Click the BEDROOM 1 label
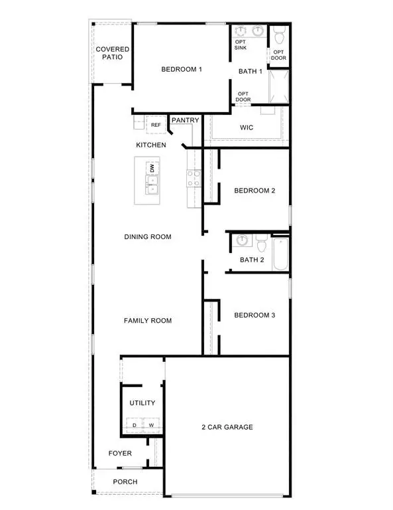tap(182, 69)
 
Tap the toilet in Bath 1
tap(279, 32)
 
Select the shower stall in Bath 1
tap(279, 87)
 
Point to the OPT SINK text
tap(241, 46)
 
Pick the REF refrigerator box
tap(156, 125)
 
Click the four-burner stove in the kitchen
tap(194, 178)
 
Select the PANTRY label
tap(186, 120)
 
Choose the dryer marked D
tap(135, 425)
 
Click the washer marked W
tap(151, 425)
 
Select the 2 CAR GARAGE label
tap(227, 427)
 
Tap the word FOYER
tap(120, 454)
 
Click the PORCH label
tap(125, 482)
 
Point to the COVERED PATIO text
tap(113, 53)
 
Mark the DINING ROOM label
tap(148, 237)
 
